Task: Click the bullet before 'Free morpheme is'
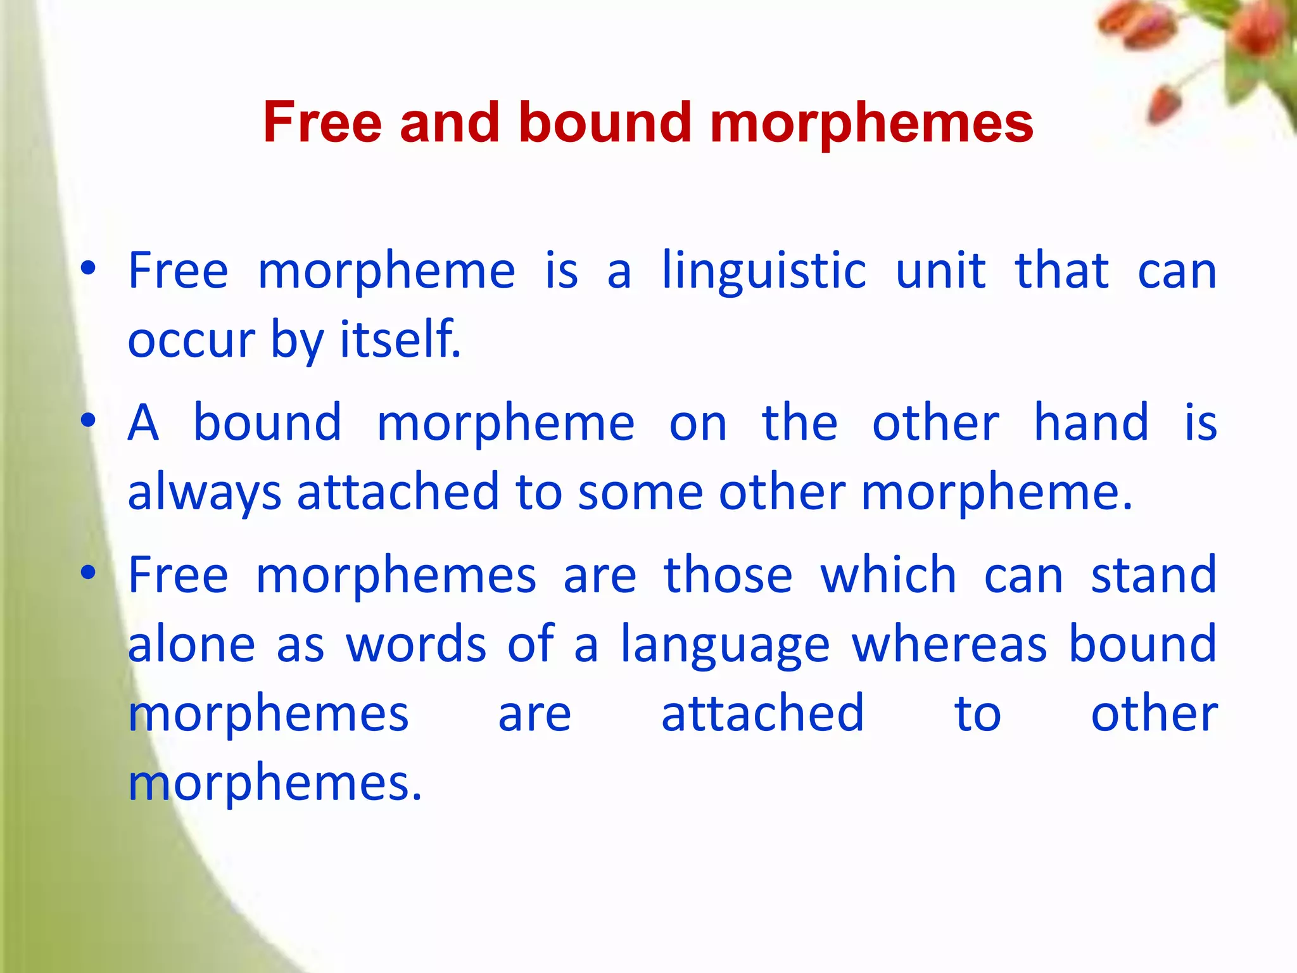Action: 88,269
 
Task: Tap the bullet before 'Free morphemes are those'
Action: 88,573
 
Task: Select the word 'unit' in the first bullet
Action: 940,271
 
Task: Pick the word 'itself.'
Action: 400,340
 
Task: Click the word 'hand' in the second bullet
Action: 1091,423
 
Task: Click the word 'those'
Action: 728,575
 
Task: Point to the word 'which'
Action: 888,575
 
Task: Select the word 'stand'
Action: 1153,575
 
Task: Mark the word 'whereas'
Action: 949,644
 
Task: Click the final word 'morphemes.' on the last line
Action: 274,784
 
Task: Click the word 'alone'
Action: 191,644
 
